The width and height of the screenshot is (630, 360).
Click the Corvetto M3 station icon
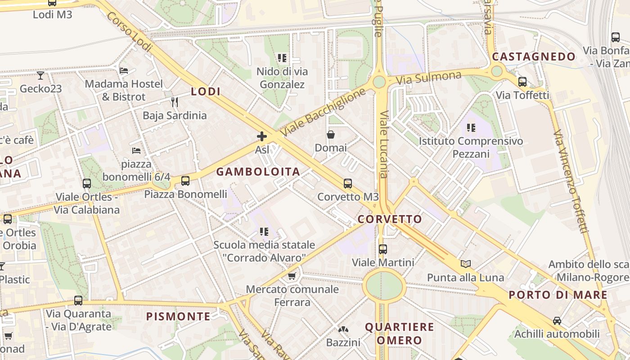[x=347, y=184]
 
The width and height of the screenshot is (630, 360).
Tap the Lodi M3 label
[x=52, y=14]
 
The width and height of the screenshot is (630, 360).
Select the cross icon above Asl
[x=261, y=136]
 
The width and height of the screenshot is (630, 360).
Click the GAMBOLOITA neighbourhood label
[x=258, y=171]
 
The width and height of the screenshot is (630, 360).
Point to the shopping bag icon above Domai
[x=330, y=135]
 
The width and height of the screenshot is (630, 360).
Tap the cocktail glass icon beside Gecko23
[x=40, y=75]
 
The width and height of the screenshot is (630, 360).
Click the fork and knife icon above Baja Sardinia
[x=175, y=102]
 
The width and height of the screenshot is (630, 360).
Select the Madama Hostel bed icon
[x=124, y=71]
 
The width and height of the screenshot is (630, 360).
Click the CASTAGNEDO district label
[x=534, y=57]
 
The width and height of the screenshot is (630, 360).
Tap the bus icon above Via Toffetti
[x=522, y=82]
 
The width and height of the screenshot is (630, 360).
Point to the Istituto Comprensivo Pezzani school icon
[x=471, y=128]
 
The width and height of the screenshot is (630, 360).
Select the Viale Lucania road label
[x=384, y=144]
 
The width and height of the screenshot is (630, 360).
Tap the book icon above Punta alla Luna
[x=465, y=264]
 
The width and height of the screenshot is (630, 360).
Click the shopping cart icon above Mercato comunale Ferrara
[x=292, y=276]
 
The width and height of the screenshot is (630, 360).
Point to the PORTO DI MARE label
[x=558, y=295]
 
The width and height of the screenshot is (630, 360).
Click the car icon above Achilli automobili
[x=557, y=321]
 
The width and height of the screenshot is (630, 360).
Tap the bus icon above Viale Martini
[x=382, y=249]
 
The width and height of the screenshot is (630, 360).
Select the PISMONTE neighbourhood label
[x=178, y=316]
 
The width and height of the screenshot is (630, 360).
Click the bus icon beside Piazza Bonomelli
[x=185, y=181]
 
